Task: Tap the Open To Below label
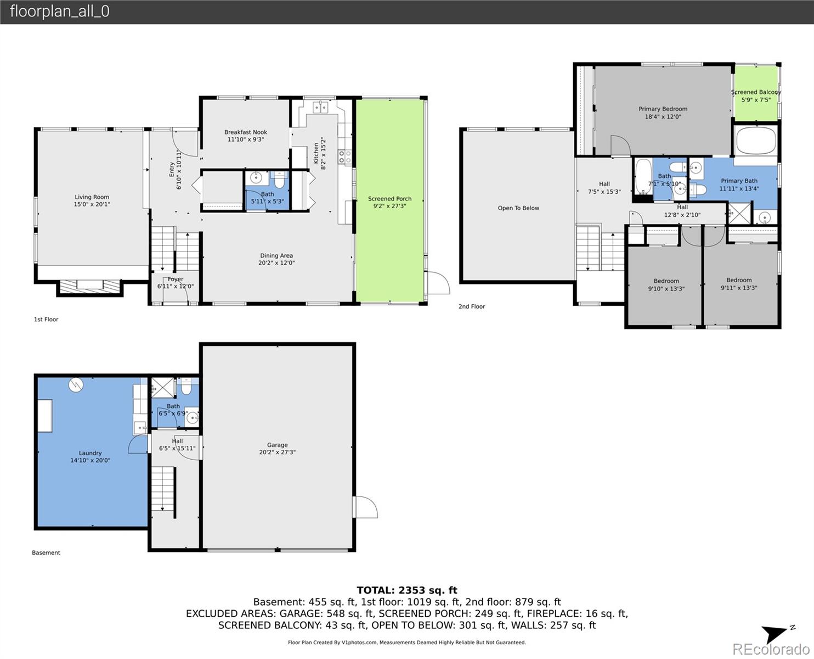point(518,208)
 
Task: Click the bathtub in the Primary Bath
point(756,141)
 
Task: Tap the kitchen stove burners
point(344,157)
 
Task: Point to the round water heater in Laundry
point(76,385)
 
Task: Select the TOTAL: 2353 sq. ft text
point(407,590)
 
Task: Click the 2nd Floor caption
point(472,306)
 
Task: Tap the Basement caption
point(46,553)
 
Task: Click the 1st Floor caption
point(46,320)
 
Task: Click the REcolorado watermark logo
point(770,649)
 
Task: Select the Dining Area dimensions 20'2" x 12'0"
point(276,263)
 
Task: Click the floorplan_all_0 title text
point(59,12)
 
